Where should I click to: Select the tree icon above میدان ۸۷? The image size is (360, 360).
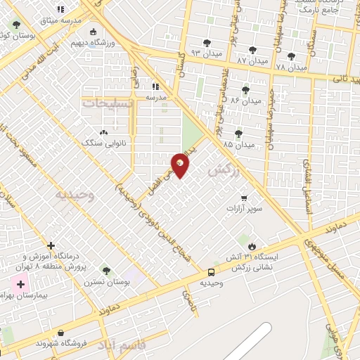pos(252,50)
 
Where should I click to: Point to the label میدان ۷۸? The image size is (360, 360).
pos(291,67)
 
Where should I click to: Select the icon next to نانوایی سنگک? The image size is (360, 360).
pos(104,131)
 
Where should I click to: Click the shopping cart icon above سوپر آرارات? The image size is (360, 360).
pos(243,198)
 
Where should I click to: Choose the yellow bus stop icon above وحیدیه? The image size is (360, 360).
pos(211,272)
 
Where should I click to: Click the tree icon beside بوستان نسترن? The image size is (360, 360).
pos(106,271)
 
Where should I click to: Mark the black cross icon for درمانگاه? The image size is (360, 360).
pos(51,246)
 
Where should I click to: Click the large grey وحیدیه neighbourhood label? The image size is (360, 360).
pos(77,195)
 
